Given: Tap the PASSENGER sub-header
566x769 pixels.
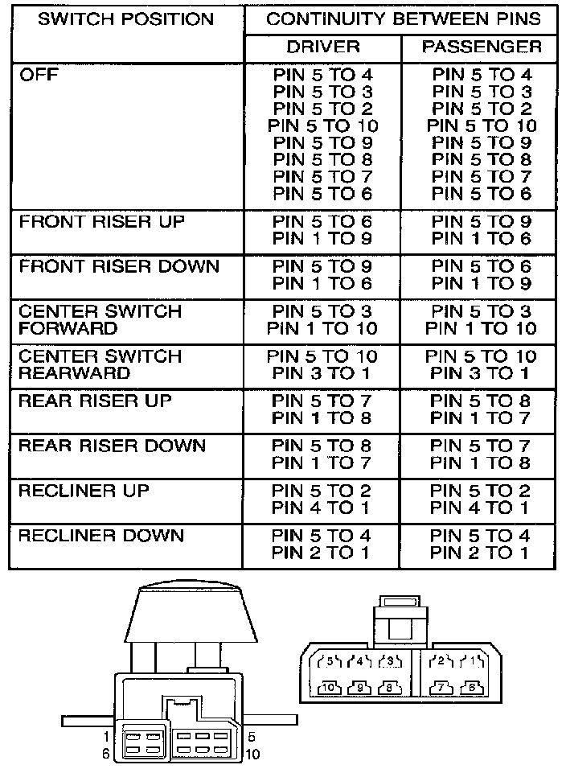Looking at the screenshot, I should tap(482, 47).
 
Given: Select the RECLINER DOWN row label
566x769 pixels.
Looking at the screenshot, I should tap(101, 536).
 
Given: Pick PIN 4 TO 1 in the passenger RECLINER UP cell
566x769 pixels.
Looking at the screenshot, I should tap(482, 508).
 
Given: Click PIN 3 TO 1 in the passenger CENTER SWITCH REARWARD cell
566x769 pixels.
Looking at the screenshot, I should tap(482, 373).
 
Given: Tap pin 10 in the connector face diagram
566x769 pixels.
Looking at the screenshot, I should tap(329, 689).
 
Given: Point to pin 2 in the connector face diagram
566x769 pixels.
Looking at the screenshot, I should tap(440, 663).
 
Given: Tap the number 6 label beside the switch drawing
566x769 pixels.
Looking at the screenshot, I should tap(106, 754).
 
